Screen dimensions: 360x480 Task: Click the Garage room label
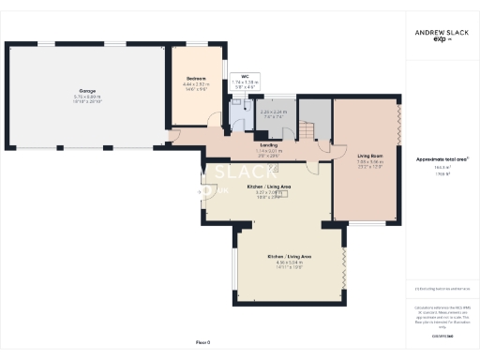click(87, 91)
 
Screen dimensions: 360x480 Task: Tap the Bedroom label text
click(196, 78)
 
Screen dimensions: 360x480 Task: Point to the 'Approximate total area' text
click(442, 159)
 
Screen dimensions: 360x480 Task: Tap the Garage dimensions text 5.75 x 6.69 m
click(87, 97)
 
